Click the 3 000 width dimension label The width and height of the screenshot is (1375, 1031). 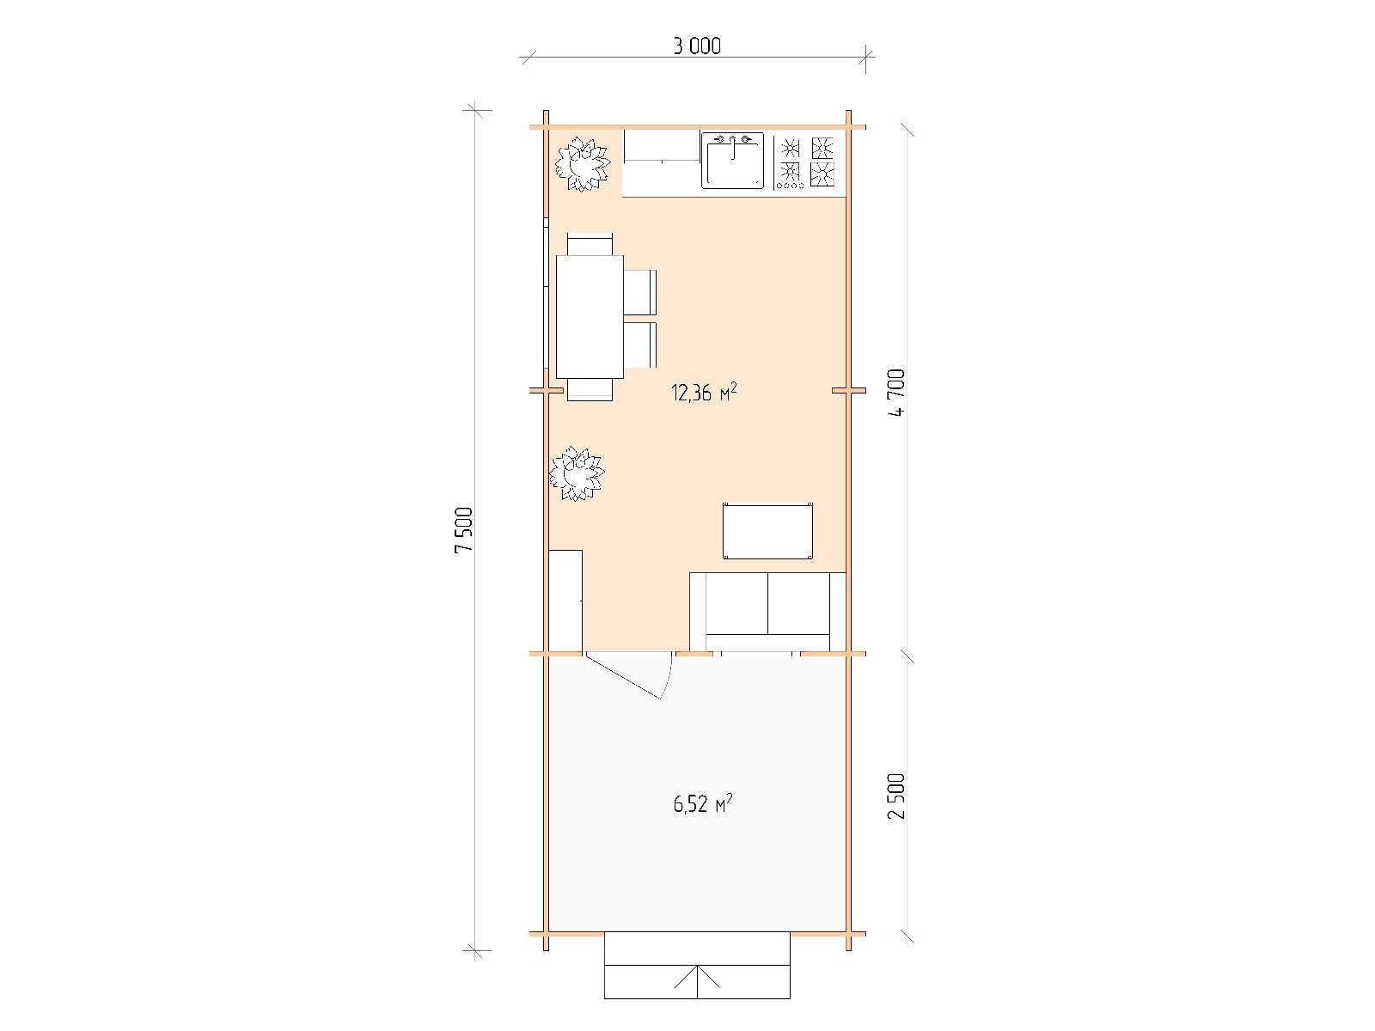tap(697, 46)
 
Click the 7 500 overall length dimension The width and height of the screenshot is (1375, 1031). tap(464, 529)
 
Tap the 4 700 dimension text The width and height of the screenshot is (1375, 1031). tap(896, 393)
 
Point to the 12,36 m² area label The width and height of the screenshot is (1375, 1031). tap(704, 393)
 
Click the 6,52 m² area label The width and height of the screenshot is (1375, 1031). tap(703, 803)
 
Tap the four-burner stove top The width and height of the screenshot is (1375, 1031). tap(806, 162)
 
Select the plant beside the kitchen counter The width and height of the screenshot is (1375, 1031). tap(583, 165)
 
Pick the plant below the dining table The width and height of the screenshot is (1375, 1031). tap(577, 473)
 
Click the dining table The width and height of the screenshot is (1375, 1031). tap(590, 317)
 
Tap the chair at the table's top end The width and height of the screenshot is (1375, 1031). tap(590, 244)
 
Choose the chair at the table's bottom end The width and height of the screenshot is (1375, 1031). tap(590, 389)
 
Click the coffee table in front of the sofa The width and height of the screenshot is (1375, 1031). tap(767, 531)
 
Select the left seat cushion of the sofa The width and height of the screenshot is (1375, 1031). tap(736, 603)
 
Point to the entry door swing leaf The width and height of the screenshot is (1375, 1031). tap(623, 675)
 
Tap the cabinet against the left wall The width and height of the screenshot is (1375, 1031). tap(565, 601)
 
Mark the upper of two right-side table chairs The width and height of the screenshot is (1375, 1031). tap(640, 292)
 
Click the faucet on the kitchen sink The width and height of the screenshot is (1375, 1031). tap(732, 144)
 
